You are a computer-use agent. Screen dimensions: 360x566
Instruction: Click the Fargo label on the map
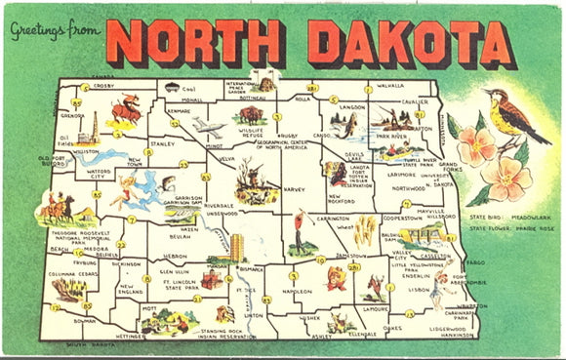[x=477, y=262]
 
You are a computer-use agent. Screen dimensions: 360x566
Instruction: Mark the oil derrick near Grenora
[x=87, y=127]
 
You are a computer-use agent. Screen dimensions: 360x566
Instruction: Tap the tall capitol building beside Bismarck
[x=236, y=247]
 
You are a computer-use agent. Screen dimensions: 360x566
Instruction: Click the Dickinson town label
[x=127, y=263]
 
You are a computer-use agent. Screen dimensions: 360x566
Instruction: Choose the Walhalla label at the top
[x=389, y=86]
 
